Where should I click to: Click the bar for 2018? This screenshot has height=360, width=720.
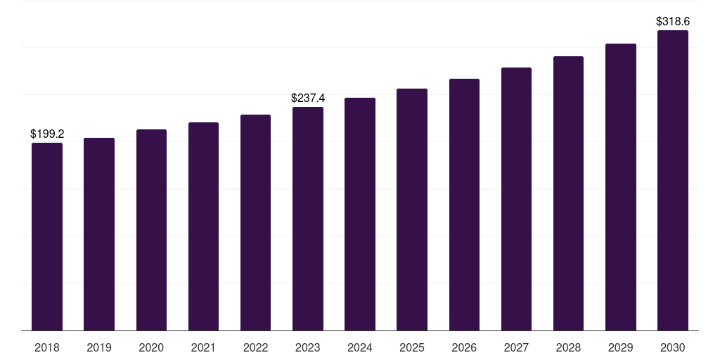(x=47, y=236)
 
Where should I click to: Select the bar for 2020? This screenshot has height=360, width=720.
(x=152, y=230)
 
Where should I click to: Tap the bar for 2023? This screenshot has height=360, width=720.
(x=308, y=219)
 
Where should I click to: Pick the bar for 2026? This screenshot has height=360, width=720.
(x=464, y=205)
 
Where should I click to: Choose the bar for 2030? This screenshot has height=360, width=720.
(x=673, y=181)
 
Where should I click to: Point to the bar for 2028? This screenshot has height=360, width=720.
(x=568, y=193)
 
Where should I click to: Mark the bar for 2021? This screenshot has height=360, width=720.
(x=203, y=226)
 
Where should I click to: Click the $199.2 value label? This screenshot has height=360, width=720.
(x=47, y=134)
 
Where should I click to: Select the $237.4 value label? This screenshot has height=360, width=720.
(x=308, y=98)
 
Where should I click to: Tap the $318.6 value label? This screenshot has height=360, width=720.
(x=673, y=22)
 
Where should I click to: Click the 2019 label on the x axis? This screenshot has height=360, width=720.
(x=99, y=347)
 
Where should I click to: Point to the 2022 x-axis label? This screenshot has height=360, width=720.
(x=255, y=347)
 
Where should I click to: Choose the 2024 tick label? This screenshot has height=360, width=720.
(x=360, y=347)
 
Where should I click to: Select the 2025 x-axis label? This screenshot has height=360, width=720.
(x=412, y=347)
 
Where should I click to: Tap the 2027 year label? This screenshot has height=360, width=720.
(x=516, y=347)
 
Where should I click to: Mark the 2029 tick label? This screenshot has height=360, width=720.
(x=621, y=347)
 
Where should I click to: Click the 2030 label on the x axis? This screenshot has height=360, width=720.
(x=673, y=347)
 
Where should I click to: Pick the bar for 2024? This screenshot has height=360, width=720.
(x=360, y=214)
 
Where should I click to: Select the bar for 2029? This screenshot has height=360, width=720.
(x=621, y=187)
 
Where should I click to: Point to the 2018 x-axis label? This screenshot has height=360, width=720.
(x=47, y=347)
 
